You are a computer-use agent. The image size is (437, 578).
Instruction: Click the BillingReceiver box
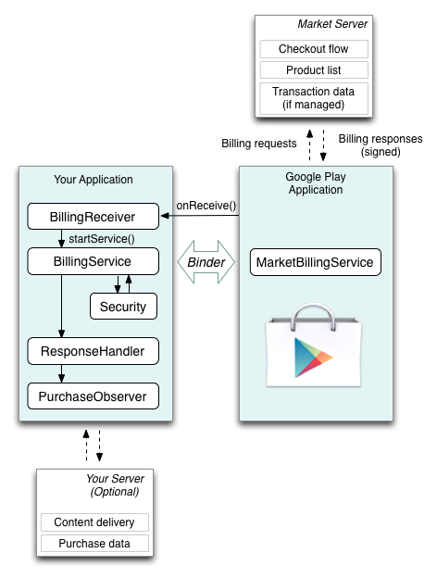click(x=94, y=217)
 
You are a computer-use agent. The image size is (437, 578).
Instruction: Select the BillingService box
click(x=94, y=261)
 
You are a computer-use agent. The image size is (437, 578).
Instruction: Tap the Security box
click(x=123, y=307)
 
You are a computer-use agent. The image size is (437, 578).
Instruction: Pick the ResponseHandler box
click(x=94, y=351)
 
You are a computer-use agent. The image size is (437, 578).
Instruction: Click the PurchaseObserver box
click(x=94, y=396)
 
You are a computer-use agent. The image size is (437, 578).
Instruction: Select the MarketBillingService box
click(x=316, y=262)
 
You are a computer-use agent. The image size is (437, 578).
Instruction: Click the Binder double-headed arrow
click(x=206, y=262)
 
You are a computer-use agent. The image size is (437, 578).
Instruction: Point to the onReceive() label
click(x=206, y=206)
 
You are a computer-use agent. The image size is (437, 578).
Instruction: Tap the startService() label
click(x=102, y=239)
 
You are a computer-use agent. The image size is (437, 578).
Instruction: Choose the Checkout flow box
click(x=314, y=49)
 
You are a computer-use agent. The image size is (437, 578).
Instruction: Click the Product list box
click(x=314, y=70)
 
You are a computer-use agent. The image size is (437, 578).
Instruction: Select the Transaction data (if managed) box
click(x=314, y=98)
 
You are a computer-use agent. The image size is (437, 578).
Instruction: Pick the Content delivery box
click(x=94, y=522)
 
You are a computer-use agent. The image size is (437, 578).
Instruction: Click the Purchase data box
click(x=94, y=544)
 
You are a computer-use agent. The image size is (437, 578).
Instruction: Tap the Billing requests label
click(x=259, y=144)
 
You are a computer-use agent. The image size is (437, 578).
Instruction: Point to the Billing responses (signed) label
click(x=381, y=145)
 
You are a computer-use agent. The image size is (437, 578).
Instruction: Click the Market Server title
click(x=332, y=24)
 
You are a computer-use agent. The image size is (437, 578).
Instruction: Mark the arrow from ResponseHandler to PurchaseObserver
click(x=61, y=374)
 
